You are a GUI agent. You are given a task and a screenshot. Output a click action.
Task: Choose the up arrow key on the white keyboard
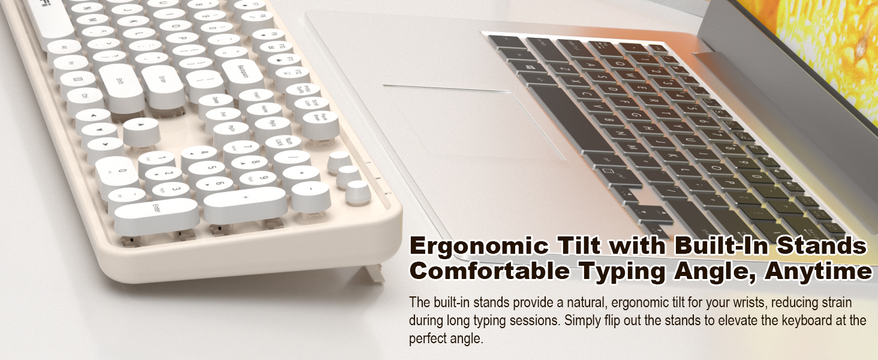141,127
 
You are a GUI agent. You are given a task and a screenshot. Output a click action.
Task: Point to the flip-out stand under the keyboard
373,273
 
